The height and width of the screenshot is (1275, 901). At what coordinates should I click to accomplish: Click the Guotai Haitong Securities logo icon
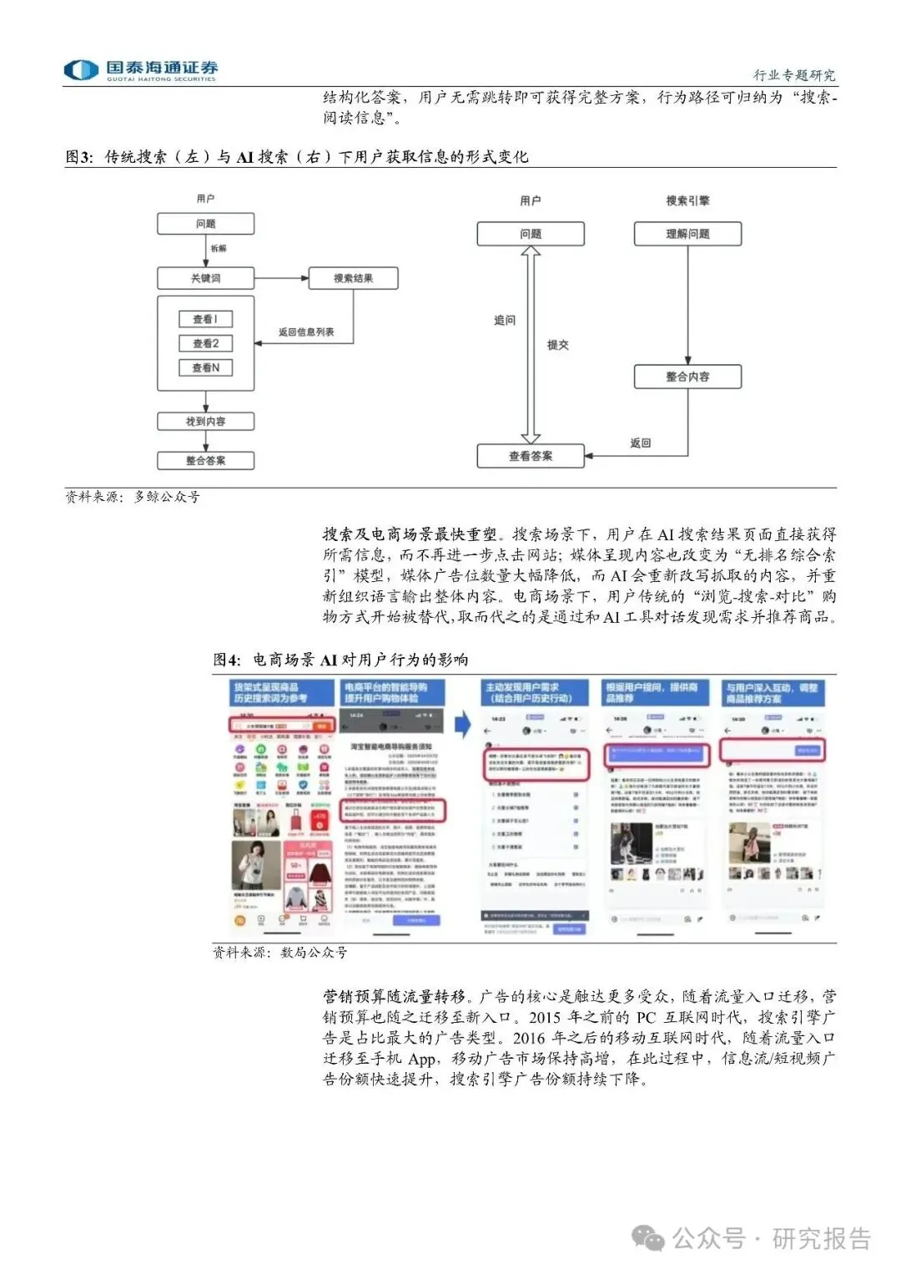pos(82,70)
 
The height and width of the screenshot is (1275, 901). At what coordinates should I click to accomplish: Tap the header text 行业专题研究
pos(793,75)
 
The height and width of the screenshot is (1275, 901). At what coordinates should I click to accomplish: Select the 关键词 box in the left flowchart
pos(205,278)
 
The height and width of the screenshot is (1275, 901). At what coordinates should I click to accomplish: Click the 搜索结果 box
pos(353,278)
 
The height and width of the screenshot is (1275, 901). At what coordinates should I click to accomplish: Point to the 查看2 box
pos(205,343)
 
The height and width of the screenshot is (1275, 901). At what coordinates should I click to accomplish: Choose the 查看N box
pos(205,367)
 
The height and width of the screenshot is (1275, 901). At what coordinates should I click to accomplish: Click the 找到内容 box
pos(205,422)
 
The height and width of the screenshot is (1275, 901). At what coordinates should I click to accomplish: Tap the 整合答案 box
pos(205,460)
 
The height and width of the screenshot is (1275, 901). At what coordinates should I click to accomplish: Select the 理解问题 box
pos(687,234)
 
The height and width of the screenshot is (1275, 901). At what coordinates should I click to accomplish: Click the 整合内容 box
pos(687,377)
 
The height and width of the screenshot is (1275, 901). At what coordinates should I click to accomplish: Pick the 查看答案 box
pos(531,456)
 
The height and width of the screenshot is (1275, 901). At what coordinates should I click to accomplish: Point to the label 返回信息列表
pos(306,332)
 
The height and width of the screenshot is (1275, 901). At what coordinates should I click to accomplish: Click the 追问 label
pos(505,320)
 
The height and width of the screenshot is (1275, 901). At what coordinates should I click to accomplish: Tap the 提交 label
pos(557,345)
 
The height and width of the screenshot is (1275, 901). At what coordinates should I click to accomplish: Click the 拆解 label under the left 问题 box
pos(219,249)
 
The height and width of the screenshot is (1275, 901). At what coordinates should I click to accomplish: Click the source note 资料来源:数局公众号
pos(279,952)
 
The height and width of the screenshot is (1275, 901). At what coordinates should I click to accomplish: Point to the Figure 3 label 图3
pos(78,157)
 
